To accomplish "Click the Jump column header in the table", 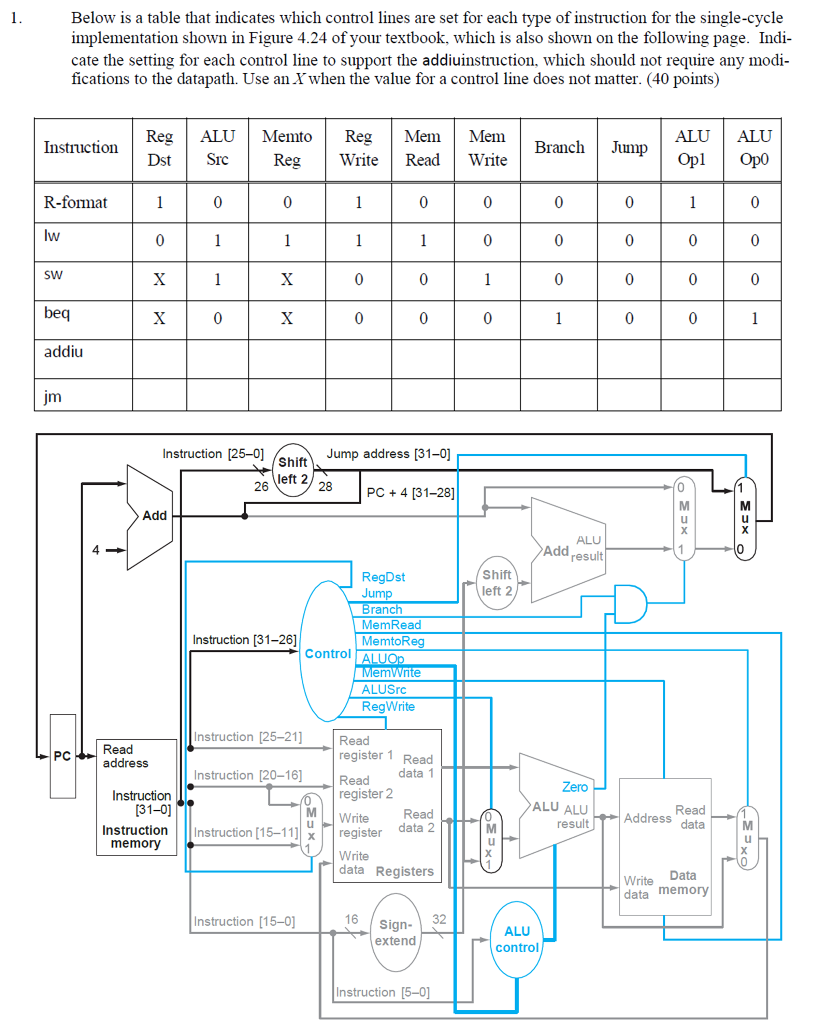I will (629, 148).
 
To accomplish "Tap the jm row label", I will (53, 396).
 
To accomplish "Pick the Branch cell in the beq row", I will (559, 318).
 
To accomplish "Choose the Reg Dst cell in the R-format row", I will (158, 203).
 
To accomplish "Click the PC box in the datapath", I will (62, 756).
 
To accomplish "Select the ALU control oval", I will (517, 938).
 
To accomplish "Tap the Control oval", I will (328, 653).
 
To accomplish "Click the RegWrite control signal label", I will (388, 706).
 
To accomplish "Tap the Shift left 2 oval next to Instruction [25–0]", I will (292, 470).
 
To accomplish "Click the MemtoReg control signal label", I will (392, 641).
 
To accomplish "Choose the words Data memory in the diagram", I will (683, 882).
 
